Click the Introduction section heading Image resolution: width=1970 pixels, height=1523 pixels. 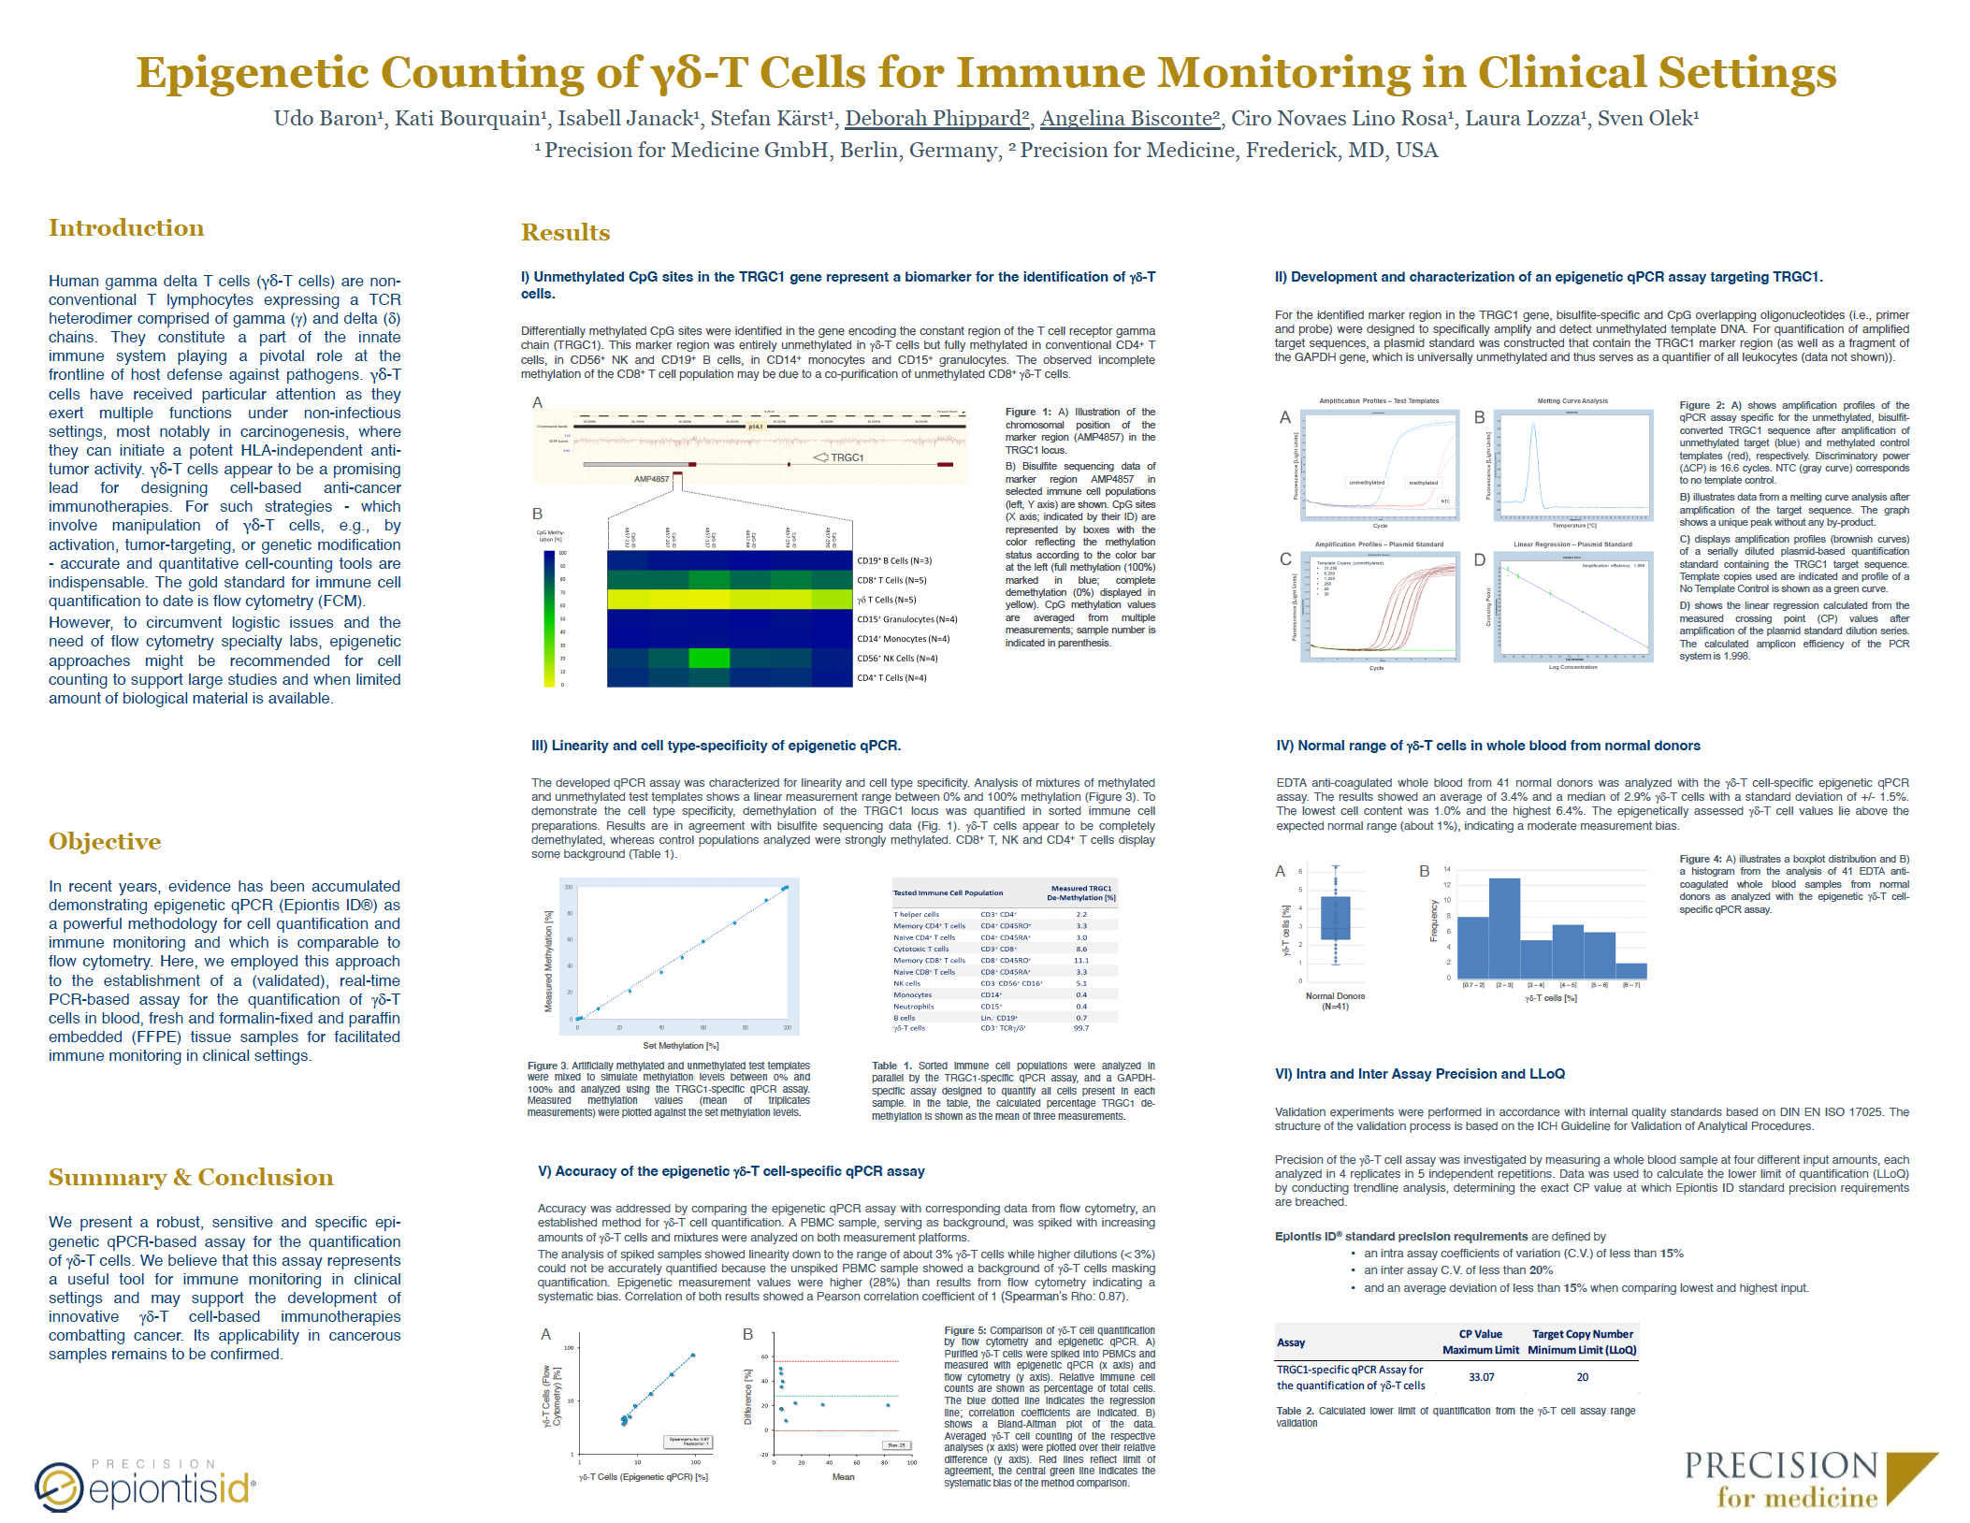click(x=126, y=228)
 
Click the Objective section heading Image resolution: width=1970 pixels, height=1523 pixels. click(x=105, y=841)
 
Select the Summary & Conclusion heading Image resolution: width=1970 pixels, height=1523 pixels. click(x=191, y=1177)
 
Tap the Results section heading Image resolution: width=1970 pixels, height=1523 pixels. click(x=565, y=232)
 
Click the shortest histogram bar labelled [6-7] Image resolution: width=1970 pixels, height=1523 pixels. click(x=1630, y=971)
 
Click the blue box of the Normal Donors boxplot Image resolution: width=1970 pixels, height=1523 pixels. click(x=1336, y=918)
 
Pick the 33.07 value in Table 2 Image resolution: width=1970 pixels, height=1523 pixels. click(x=1481, y=1377)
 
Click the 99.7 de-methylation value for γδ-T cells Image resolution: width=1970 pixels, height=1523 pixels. click(x=1080, y=1028)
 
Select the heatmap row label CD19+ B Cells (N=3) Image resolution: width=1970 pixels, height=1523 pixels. click(x=893, y=561)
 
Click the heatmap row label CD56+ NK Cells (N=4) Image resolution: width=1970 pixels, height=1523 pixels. click(x=896, y=659)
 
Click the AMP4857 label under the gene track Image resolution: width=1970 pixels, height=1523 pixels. click(x=651, y=479)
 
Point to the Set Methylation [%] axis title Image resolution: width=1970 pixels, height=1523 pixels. click(x=680, y=1046)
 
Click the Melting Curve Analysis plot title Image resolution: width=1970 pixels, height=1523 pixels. click(x=1572, y=401)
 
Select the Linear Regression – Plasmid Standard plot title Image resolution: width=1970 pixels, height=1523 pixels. click(x=1572, y=544)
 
